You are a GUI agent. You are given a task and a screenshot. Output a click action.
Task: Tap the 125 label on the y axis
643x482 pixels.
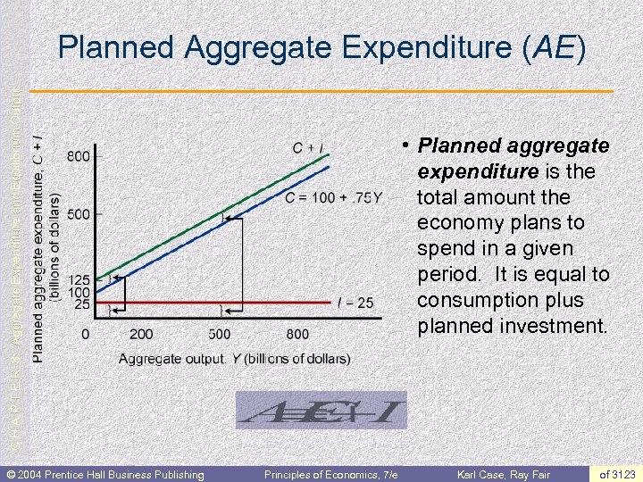[x=79, y=279]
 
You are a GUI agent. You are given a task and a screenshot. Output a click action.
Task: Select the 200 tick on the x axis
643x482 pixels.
[x=141, y=335]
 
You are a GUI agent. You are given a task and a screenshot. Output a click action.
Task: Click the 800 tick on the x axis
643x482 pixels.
[x=297, y=335]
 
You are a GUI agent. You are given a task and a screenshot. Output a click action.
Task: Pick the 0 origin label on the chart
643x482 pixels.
[x=85, y=335]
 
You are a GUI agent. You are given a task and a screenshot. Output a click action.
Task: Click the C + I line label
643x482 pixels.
[x=308, y=147]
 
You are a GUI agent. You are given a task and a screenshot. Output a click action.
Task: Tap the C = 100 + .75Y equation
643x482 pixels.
[x=333, y=197]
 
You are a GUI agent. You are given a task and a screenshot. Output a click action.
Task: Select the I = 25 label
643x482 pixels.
[x=355, y=303]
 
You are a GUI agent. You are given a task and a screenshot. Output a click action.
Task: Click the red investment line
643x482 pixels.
[x=268, y=303]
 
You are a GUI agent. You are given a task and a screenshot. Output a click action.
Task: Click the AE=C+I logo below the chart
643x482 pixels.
[x=321, y=411]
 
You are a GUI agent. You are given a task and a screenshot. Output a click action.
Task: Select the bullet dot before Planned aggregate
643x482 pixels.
[x=405, y=143]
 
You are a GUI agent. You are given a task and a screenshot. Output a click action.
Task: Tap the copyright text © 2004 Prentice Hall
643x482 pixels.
[x=105, y=473]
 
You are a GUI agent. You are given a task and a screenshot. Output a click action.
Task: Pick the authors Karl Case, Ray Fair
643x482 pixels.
[x=505, y=473]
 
